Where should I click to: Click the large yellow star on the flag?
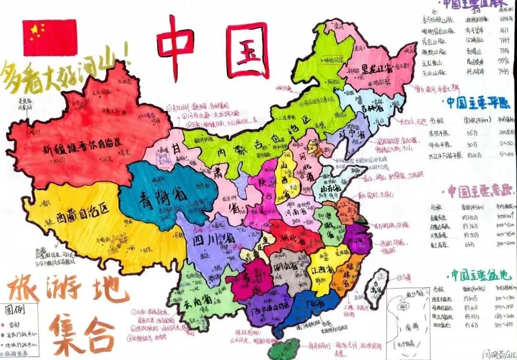tap(34, 31)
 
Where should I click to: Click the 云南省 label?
tap(196, 299)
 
